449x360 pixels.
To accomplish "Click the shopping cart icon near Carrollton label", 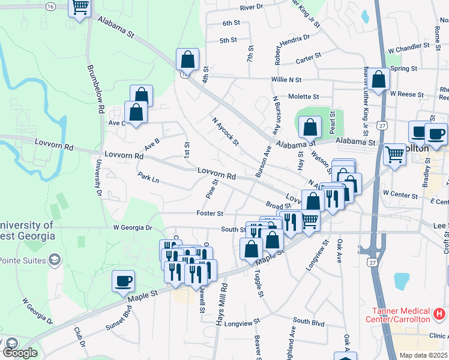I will point(394,154).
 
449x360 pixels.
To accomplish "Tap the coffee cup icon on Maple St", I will point(124,281).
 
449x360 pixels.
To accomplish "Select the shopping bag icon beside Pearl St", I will point(310,127).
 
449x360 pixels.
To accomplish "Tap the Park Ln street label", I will point(148,178).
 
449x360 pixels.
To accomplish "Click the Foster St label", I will point(209,213).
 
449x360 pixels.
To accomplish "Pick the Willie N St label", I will point(286,79).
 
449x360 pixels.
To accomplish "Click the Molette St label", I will point(303,97).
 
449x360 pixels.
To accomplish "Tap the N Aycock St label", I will point(225,131).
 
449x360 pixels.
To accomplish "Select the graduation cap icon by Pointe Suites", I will point(55,259).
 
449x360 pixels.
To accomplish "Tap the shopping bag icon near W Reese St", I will point(379,80).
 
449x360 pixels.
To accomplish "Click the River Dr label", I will point(252,7).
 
